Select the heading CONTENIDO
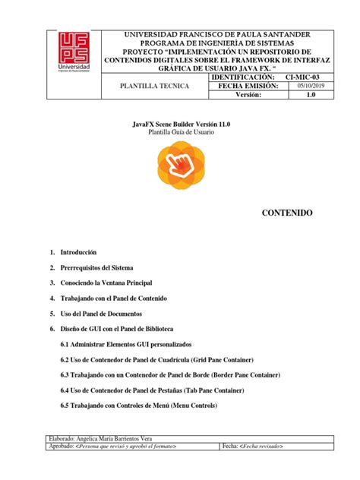[286, 214]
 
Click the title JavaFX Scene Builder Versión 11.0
[180, 123]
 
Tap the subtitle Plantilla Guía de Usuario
[180, 132]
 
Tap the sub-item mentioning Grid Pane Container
[156, 359]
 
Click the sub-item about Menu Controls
[138, 406]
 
